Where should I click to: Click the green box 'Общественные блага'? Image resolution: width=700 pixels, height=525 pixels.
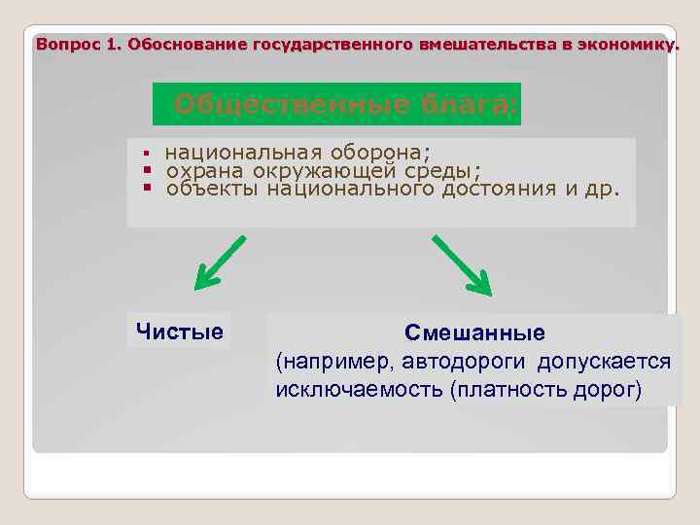tap(337, 104)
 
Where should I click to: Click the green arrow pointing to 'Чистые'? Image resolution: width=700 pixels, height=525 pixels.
tap(219, 263)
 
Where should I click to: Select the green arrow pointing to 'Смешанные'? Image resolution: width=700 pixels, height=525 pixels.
tap(462, 264)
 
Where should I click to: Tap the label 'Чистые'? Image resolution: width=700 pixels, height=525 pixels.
tap(180, 332)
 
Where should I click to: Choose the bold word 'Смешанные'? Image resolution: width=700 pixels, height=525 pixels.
tap(474, 333)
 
